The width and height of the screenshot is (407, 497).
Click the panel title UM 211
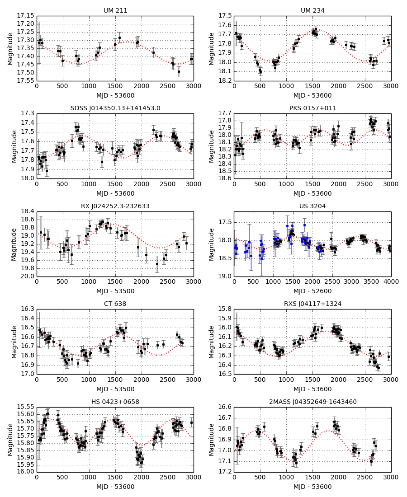click(x=115, y=10)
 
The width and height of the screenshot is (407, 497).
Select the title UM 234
click(x=312, y=10)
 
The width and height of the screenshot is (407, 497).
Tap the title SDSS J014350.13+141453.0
click(x=115, y=108)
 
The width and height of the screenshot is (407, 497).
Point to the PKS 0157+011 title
click(x=312, y=108)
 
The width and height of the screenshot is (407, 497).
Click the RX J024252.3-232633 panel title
click(x=115, y=206)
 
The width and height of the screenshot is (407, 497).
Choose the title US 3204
click(x=312, y=206)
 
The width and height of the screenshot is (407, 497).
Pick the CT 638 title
click(x=115, y=304)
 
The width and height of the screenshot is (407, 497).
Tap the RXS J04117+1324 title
click(x=312, y=304)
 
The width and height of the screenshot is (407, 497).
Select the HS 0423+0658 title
click(x=115, y=402)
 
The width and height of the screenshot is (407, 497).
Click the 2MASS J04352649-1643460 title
click(x=312, y=402)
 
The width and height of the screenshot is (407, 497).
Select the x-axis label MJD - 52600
click(x=312, y=291)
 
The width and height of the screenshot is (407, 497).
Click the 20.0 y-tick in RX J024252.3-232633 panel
click(x=28, y=277)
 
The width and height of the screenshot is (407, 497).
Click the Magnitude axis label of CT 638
click(x=14, y=341)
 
